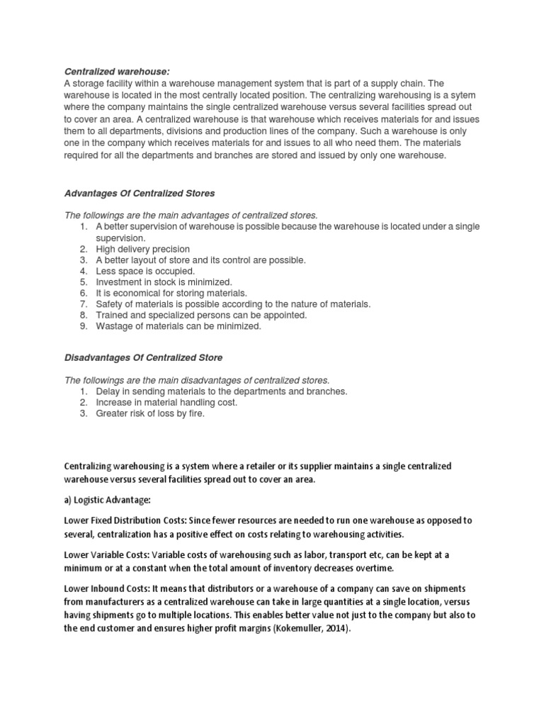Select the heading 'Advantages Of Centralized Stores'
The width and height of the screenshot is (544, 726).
coord(140,193)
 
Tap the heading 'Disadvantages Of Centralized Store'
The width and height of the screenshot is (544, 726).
coord(144,357)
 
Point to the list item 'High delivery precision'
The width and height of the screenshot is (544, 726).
coord(142,249)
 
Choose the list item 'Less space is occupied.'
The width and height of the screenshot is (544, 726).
coord(144,271)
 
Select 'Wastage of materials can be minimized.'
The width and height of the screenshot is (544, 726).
coord(178,326)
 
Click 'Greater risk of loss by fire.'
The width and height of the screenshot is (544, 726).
coord(150,413)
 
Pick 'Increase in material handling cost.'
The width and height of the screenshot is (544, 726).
coord(166,402)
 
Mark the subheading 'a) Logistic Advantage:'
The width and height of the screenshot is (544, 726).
coord(108,500)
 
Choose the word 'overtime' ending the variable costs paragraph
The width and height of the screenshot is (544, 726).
coord(354,567)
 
